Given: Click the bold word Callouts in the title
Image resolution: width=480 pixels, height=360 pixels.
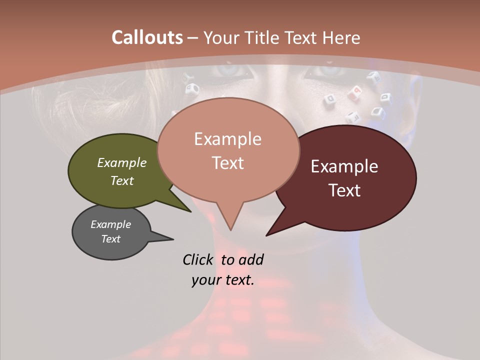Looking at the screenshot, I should [147, 37].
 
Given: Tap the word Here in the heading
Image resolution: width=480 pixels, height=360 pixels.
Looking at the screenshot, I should [341, 37].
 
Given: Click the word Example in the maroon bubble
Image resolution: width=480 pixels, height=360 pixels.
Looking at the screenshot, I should [344, 166].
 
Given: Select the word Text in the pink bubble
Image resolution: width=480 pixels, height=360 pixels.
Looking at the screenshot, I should [228, 163].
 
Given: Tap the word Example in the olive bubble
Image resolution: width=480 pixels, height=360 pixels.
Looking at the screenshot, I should [122, 162].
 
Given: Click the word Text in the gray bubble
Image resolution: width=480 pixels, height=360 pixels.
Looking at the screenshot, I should [111, 239].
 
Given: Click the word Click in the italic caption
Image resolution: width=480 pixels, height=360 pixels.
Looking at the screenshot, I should [197, 259].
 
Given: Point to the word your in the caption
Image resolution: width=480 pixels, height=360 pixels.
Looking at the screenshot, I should [205, 280].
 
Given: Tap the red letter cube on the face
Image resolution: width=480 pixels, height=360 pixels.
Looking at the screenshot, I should [356, 90].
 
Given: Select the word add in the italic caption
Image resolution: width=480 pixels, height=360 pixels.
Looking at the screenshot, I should [251, 259].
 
